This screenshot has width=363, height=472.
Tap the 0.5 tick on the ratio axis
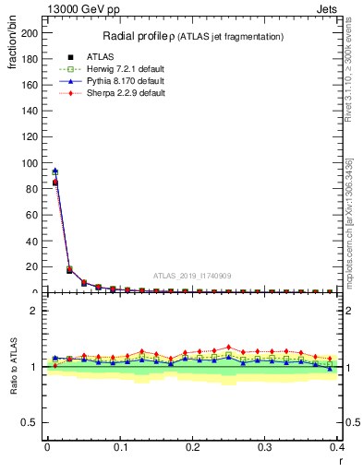click(33, 422)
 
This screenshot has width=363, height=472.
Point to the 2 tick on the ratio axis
click(38, 311)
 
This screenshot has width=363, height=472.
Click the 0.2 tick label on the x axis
click(192, 447)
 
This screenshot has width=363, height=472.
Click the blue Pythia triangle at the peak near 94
click(55, 171)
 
